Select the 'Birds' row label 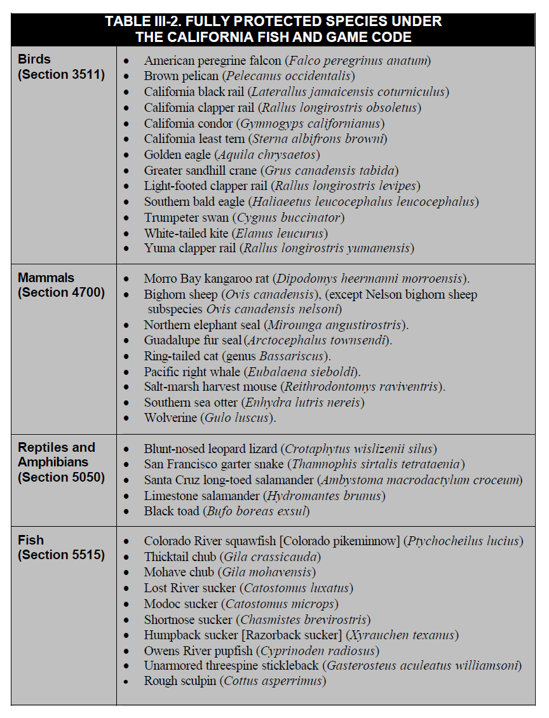34,60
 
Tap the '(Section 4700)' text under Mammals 62,293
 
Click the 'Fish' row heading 31,540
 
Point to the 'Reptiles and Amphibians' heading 57,455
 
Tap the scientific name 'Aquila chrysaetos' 267,154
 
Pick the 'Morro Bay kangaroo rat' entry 203,279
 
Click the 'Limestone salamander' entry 198,496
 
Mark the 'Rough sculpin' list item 180,681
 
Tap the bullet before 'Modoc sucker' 128,604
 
